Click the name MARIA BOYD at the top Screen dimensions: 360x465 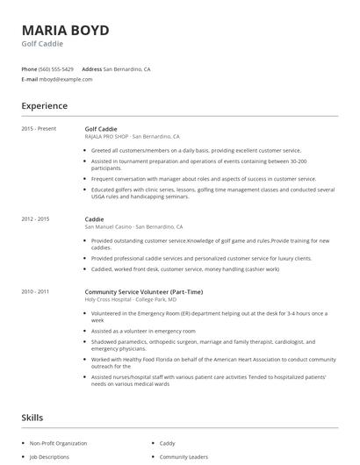66,31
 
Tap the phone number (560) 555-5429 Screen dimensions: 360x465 56,68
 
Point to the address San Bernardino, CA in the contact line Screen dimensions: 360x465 126,68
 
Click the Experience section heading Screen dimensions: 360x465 45,106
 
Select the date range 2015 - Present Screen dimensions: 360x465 39,129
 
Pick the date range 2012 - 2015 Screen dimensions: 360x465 35,218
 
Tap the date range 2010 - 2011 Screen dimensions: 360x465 35,290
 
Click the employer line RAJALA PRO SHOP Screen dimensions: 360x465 132,137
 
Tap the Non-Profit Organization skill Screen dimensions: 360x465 57,443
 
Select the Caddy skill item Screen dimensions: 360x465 168,443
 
